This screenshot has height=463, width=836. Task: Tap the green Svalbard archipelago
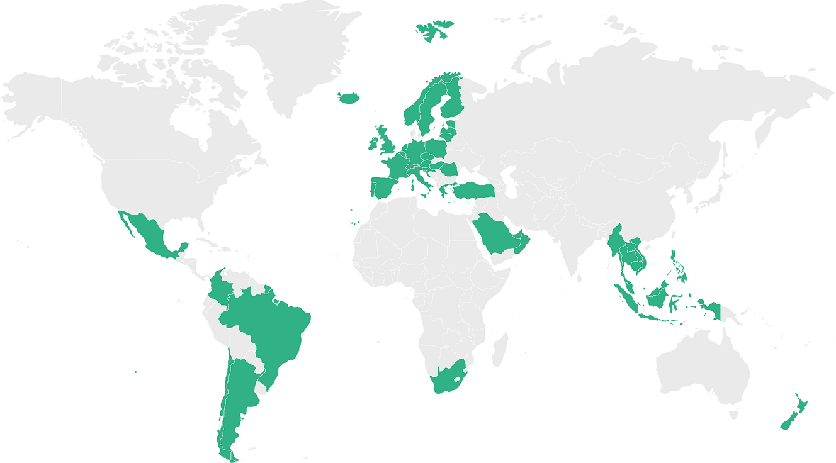tap(433, 30)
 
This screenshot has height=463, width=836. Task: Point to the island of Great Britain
tap(385, 142)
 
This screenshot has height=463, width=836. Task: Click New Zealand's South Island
tap(788, 420)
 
